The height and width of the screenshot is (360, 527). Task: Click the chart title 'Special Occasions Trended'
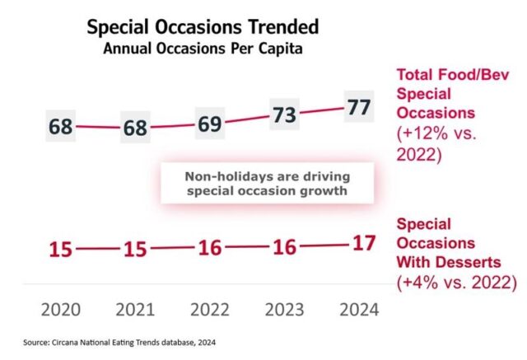pos(203,26)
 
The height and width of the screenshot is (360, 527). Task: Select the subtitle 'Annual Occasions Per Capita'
pos(203,49)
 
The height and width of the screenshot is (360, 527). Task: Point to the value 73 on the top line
pos(283,115)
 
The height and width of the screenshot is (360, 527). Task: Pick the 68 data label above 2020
pos(61,128)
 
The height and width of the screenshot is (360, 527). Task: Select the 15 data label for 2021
pos(136,249)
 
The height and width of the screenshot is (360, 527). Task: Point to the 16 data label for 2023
pos(284,247)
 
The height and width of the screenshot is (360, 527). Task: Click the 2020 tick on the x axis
pos(61,310)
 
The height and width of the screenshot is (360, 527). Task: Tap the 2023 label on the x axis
pos(284,310)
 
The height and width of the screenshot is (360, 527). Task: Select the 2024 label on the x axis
pos(358,310)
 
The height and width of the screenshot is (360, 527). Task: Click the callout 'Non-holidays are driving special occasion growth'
pos(267,182)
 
